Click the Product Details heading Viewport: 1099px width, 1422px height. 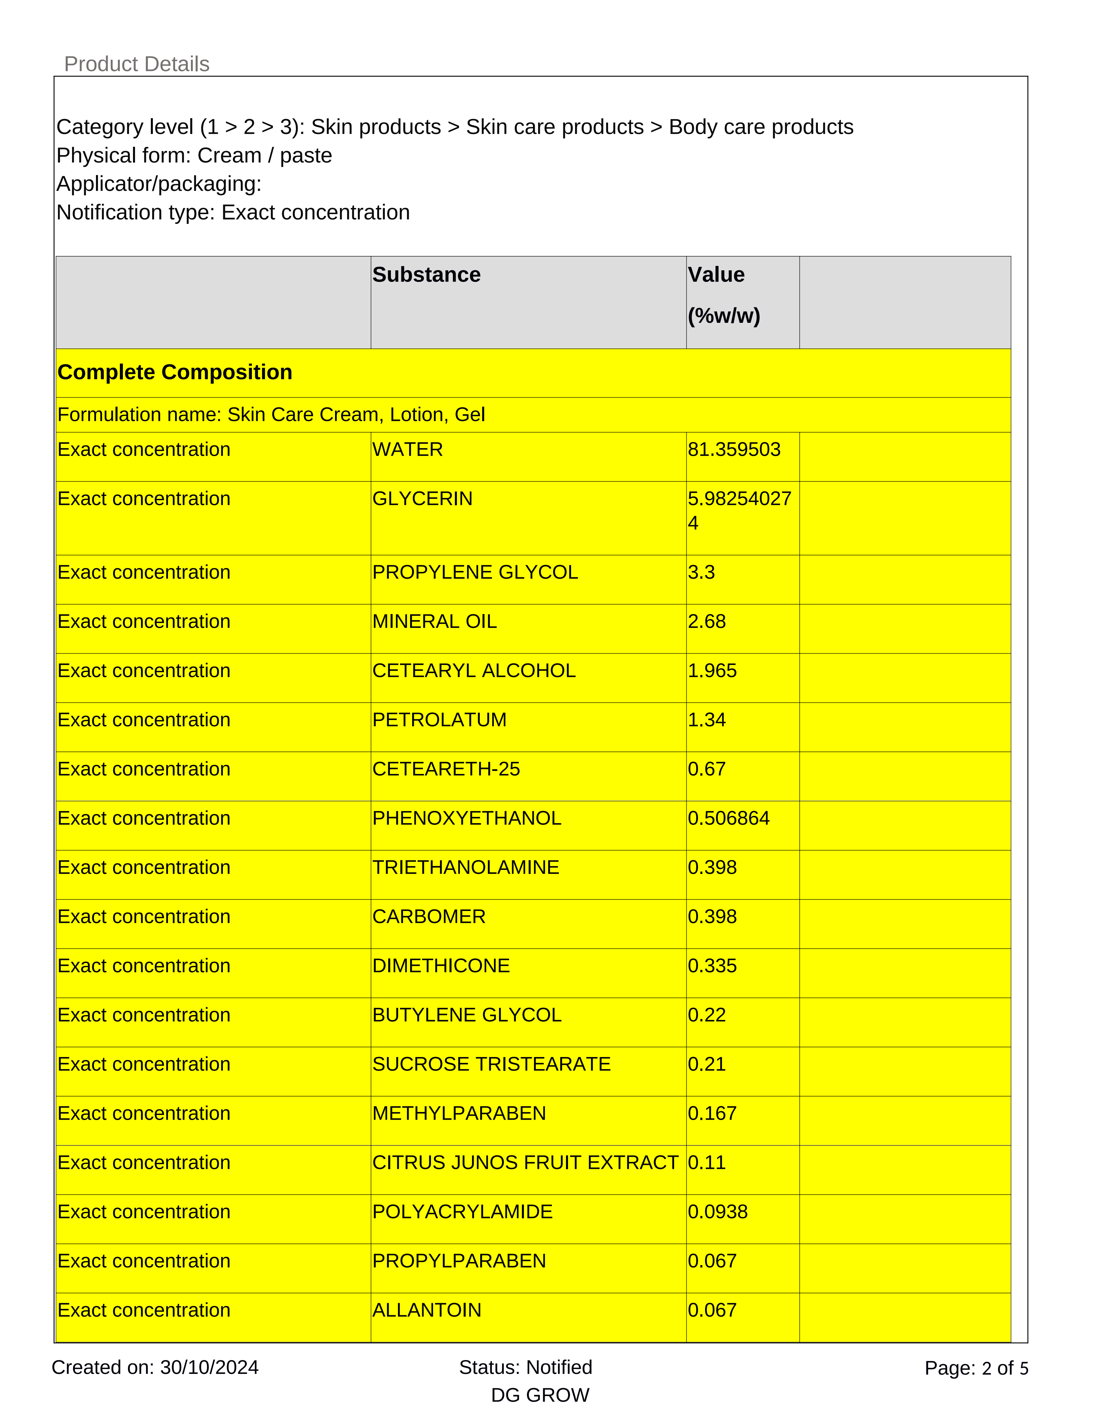click(x=137, y=64)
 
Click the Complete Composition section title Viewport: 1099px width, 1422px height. click(x=174, y=372)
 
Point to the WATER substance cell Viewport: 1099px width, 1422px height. click(x=407, y=450)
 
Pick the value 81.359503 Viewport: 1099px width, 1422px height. click(x=734, y=450)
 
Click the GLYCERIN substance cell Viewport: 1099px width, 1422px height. click(x=423, y=499)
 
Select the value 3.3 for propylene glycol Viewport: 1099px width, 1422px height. click(x=701, y=572)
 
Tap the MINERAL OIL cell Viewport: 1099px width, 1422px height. click(x=434, y=622)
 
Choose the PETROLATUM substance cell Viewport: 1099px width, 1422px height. click(x=439, y=720)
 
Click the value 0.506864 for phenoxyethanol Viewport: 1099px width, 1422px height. click(x=729, y=818)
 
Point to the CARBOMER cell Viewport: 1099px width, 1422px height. click(x=429, y=917)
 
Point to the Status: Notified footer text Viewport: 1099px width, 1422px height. click(x=525, y=1367)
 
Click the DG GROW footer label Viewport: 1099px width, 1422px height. click(x=540, y=1395)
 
